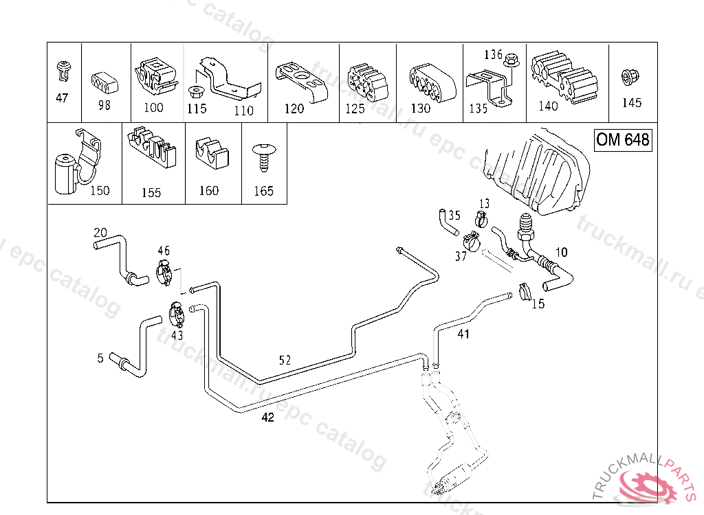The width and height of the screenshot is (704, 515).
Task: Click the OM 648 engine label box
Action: tap(623, 140)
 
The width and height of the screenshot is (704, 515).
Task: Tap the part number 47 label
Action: tap(62, 98)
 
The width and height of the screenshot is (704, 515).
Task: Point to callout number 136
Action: tap(494, 54)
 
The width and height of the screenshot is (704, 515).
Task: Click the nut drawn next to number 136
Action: tap(512, 62)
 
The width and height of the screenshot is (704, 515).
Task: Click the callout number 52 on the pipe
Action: tap(285, 360)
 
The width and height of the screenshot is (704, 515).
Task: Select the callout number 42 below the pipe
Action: tap(267, 417)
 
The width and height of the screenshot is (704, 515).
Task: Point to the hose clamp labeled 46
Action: tap(166, 273)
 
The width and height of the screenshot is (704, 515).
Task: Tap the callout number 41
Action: tap(463, 334)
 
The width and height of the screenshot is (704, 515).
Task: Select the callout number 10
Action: tap(561, 253)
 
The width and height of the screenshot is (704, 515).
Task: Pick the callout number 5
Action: tap(100, 358)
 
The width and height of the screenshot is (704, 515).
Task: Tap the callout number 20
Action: tap(100, 232)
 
